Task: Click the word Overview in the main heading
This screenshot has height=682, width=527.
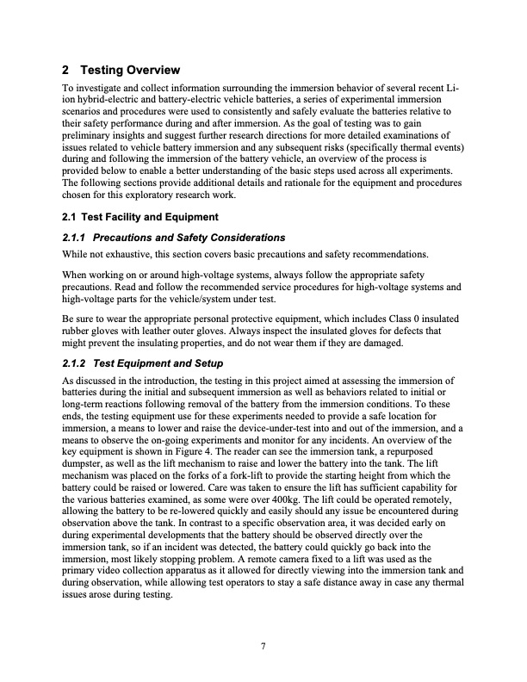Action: click(148, 70)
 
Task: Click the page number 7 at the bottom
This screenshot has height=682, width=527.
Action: click(263, 648)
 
